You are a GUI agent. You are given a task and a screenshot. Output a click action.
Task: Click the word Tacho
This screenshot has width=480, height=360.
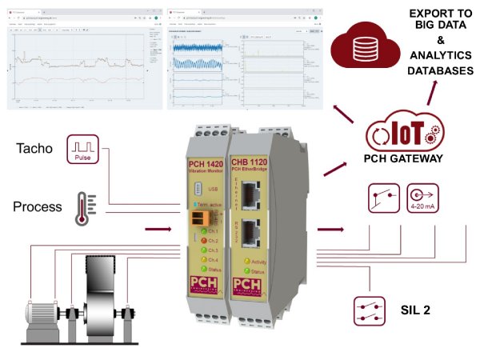[34, 149]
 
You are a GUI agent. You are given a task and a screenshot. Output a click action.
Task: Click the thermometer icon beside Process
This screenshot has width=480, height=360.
[82, 206]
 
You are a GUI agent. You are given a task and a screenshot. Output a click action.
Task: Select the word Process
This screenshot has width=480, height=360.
[37, 206]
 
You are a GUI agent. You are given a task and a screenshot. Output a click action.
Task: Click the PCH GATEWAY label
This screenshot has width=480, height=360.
[402, 159]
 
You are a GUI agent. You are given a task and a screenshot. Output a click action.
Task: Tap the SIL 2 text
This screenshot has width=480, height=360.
[415, 308]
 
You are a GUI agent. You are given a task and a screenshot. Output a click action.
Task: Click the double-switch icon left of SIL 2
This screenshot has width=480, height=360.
[370, 309]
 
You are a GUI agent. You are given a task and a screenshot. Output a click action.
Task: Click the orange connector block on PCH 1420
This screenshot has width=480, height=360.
[200, 221]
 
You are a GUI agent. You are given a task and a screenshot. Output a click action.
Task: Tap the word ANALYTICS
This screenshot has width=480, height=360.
[437, 57]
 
